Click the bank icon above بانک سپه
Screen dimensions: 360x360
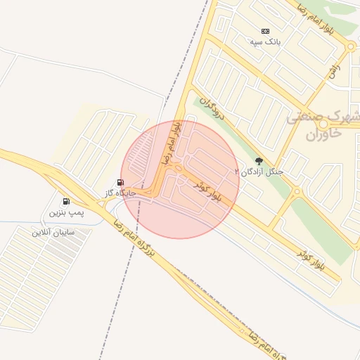click(265, 31)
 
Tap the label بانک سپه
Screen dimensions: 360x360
click(265, 42)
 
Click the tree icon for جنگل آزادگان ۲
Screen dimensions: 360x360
click(259, 161)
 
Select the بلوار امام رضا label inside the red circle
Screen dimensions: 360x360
click(172, 143)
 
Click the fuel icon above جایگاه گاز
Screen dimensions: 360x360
click(120, 182)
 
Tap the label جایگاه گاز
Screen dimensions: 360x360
click(120, 193)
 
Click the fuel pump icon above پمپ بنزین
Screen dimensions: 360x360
click(66, 201)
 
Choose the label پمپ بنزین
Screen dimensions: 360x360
click(66, 212)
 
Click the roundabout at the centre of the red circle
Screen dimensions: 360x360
click(179, 169)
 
